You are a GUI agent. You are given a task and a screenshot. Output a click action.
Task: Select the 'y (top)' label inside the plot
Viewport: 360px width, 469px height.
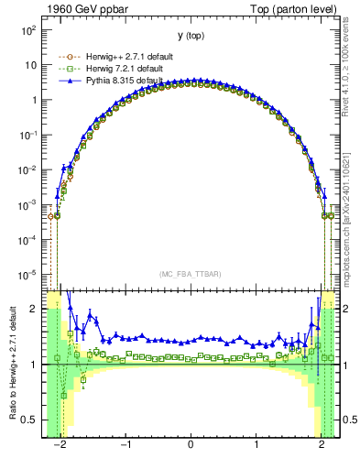191,36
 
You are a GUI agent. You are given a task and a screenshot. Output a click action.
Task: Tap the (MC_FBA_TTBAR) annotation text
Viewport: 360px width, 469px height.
191,274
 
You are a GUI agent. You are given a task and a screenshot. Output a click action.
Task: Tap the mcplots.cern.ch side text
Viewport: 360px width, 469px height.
349,220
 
